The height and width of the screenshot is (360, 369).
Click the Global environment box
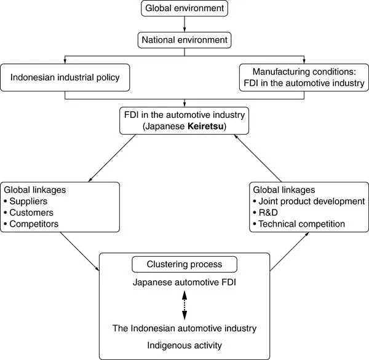coord(184,9)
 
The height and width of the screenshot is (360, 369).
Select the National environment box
coord(184,41)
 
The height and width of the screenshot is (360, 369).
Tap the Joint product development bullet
coord(311,201)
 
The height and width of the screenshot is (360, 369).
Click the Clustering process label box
coord(184,265)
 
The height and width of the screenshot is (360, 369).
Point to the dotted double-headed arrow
coord(184,303)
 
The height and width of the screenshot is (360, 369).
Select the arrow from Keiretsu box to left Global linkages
coord(113,158)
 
